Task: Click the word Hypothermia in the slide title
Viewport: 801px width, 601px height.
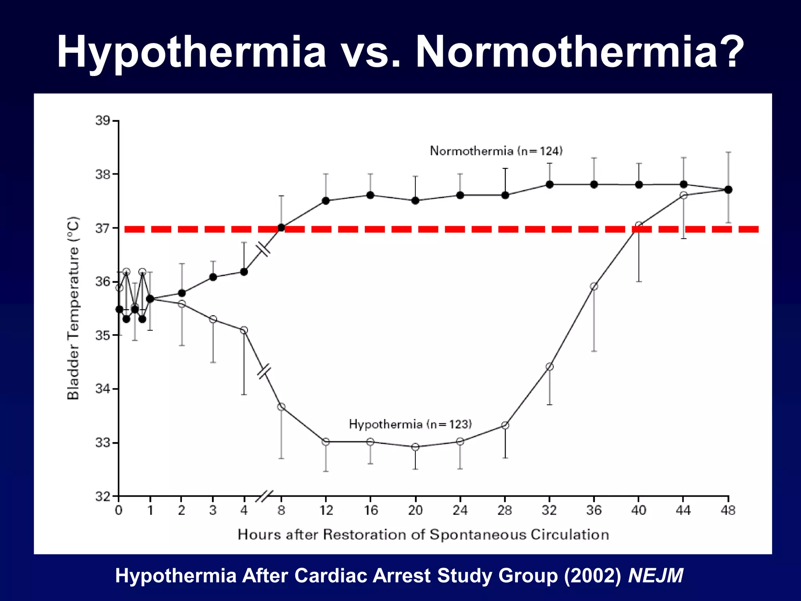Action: pos(191,53)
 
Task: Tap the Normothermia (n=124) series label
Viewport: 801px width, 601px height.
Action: pos(496,151)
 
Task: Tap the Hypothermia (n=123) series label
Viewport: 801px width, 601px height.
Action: pos(410,424)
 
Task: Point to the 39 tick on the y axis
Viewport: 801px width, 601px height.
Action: pos(103,121)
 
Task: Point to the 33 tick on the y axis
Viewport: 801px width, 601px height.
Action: pos(103,443)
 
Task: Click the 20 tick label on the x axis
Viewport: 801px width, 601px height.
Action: pos(415,510)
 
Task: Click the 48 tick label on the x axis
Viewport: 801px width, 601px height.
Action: pos(728,510)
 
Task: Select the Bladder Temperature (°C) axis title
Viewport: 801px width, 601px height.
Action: pos(73,308)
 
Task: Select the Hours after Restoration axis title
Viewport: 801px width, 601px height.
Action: pos(423,534)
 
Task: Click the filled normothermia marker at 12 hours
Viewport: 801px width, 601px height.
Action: pos(326,201)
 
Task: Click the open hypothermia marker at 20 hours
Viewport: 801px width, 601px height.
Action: pos(415,447)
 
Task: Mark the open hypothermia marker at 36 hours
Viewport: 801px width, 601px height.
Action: pos(594,286)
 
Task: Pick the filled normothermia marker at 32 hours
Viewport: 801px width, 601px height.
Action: pos(550,184)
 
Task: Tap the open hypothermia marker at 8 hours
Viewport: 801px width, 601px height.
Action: pos(281,407)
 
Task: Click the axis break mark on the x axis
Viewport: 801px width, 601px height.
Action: pos(264,496)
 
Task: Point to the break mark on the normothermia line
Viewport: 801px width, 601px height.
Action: pos(263,249)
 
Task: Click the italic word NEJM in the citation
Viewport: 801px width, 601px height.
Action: pos(656,576)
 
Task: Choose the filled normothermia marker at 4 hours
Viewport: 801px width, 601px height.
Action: pos(244,272)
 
